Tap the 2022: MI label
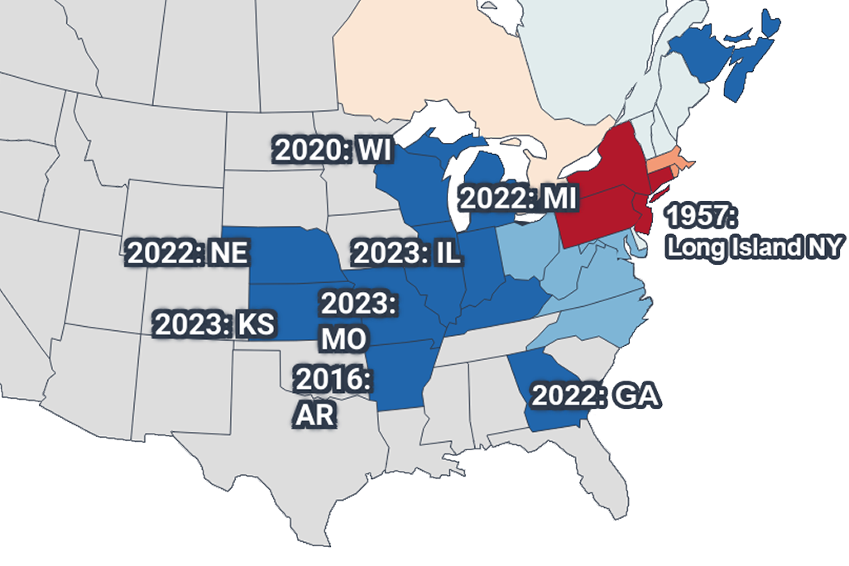[x=518, y=199]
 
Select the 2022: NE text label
[x=187, y=252]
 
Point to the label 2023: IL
[x=405, y=253]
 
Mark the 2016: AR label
[x=332, y=396]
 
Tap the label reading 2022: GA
[x=595, y=396]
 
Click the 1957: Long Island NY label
[x=755, y=232]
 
